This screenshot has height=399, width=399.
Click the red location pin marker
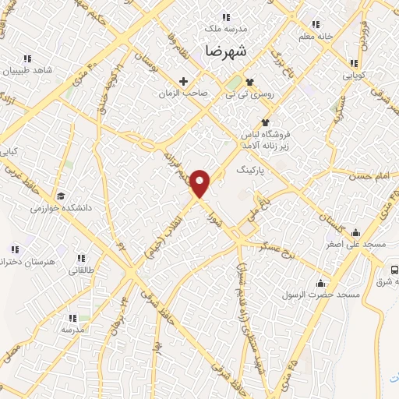point(201,183)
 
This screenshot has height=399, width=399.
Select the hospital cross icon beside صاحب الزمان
point(184,81)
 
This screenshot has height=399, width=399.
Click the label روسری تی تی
point(249,93)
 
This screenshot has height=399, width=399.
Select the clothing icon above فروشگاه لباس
point(265,122)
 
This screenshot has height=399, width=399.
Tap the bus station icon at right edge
point(394,269)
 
